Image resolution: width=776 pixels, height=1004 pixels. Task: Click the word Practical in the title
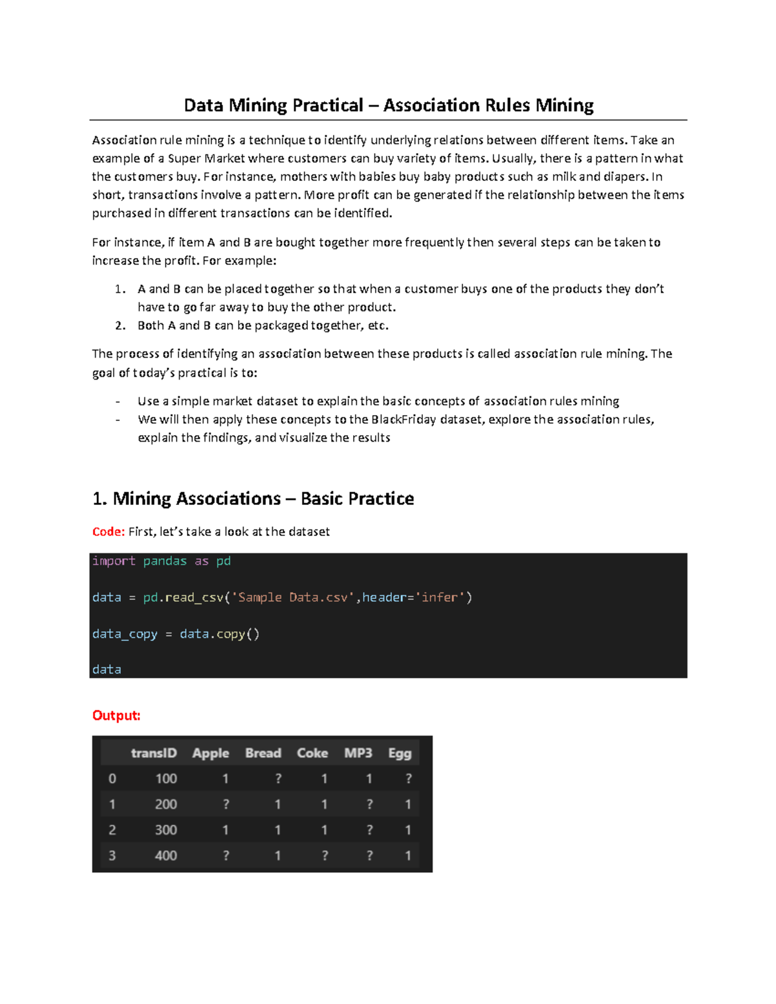click(x=328, y=105)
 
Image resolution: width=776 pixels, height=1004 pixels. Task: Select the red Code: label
click(x=108, y=531)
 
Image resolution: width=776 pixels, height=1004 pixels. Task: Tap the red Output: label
click(x=116, y=715)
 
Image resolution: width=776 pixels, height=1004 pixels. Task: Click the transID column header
click(x=153, y=753)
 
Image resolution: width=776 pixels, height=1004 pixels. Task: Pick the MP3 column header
click(x=358, y=753)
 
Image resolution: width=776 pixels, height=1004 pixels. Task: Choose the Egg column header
click(x=400, y=753)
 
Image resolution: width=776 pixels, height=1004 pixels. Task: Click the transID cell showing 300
click(x=166, y=830)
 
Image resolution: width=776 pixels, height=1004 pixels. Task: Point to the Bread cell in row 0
click(x=278, y=779)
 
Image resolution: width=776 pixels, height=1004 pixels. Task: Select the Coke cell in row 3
click(x=325, y=856)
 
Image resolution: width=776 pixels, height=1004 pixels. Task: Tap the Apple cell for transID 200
click(x=226, y=805)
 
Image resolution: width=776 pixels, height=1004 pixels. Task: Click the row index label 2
click(x=112, y=830)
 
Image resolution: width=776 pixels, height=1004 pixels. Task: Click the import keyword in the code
click(x=114, y=561)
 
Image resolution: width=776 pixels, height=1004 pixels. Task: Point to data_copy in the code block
click(x=125, y=634)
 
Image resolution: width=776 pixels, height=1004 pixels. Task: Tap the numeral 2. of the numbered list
click(x=120, y=326)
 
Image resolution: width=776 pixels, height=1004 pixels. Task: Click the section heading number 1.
click(x=99, y=498)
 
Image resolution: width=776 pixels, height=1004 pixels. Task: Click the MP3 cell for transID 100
click(x=369, y=779)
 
